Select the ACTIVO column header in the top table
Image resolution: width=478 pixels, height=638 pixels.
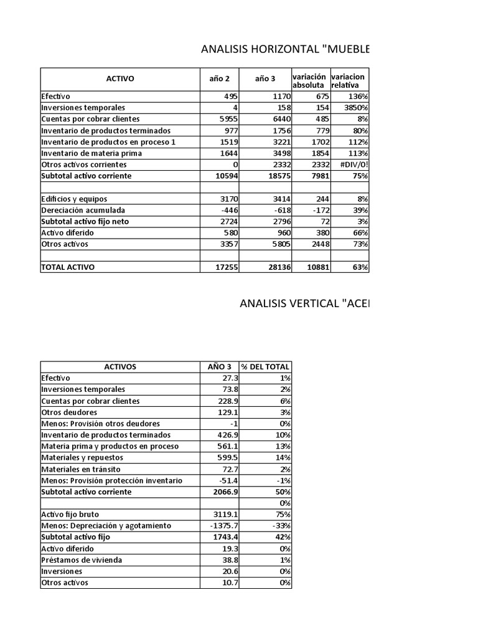pos(120,79)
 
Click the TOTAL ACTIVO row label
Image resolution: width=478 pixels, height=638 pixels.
pos(68,267)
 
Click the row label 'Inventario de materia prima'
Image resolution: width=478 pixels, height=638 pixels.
pos(91,153)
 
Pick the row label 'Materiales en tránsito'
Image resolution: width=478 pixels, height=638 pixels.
pos(81,469)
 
